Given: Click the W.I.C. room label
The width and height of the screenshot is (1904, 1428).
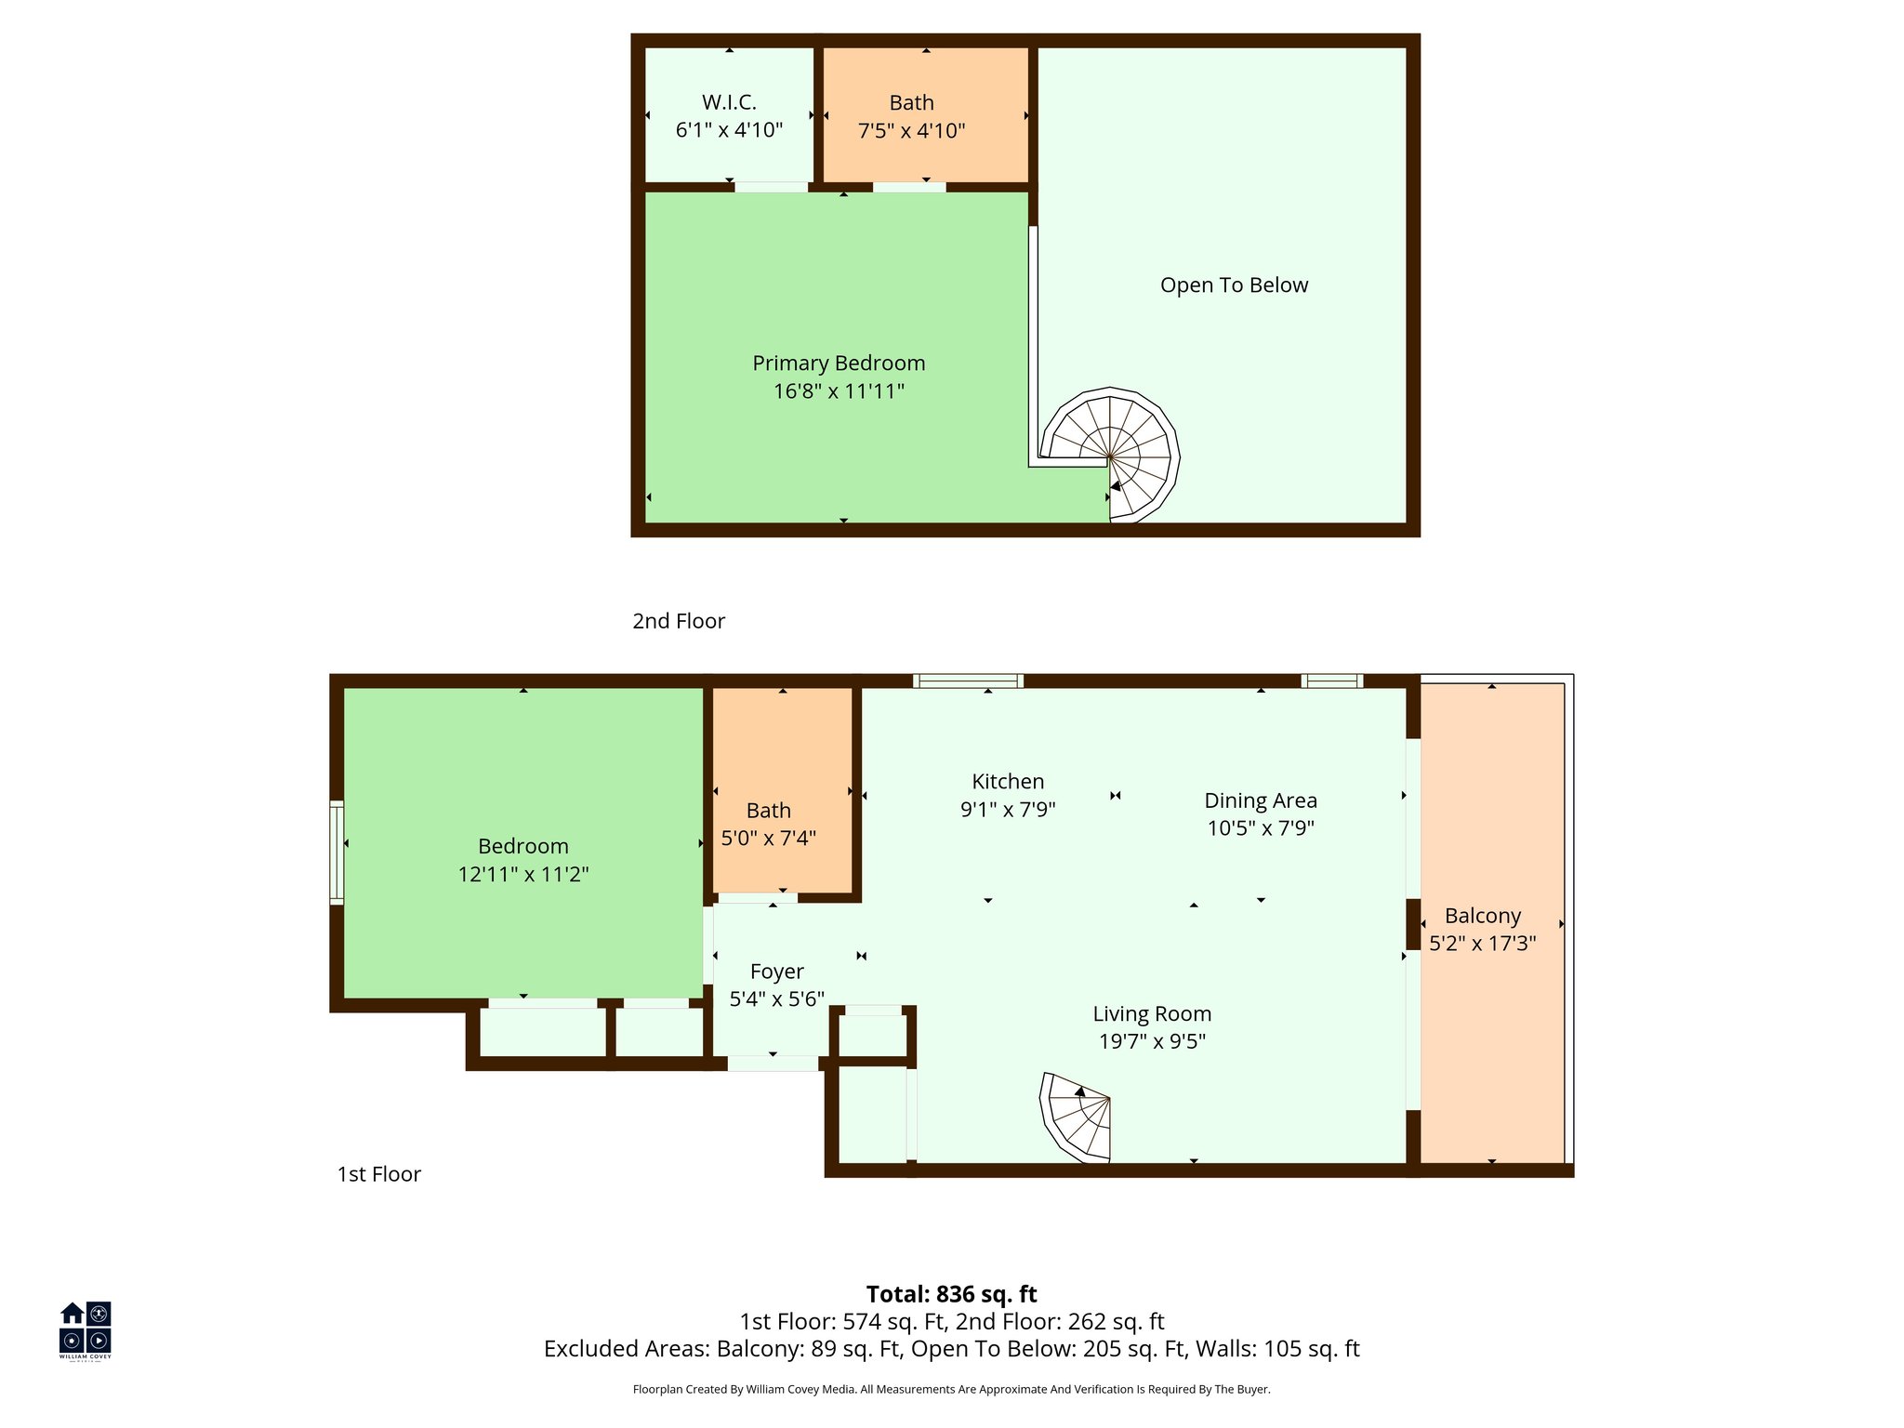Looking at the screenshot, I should pos(729,102).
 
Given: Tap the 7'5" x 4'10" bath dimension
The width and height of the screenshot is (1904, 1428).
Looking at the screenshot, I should pos(911,131).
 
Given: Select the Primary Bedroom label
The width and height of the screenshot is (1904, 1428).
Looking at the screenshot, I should pos(839,364).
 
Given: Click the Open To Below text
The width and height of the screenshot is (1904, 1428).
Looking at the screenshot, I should pos(1234,285).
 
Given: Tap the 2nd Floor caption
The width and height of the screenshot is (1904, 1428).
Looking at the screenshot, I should pos(679,621).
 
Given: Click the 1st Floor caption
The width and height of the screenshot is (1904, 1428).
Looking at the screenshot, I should pos(378,1174).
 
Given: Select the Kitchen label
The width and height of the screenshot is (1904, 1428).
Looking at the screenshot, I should pos(1008,782).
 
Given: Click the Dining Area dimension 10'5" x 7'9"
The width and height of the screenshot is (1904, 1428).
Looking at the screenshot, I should pos(1261,828).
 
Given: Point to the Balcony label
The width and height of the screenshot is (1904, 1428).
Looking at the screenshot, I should pos(1482,916).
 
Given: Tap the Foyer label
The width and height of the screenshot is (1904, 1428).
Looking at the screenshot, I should pos(776,972).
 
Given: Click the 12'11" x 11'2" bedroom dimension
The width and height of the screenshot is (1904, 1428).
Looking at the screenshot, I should pos(523,874).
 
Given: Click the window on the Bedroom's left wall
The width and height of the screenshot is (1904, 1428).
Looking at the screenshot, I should pos(337,852).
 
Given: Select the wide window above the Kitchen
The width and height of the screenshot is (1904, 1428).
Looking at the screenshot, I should pos(968,681).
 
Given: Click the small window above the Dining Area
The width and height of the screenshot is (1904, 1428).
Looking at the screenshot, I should pos(1331,681).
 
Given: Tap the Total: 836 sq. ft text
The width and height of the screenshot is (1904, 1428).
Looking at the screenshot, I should pos(951,1294).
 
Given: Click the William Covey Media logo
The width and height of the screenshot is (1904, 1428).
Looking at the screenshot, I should pos(86,1329).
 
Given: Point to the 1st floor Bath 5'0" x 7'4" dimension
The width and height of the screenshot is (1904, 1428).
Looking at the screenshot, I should pos(769,839).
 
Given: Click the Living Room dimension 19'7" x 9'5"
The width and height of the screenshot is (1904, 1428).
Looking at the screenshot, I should pos(1152,1041).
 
